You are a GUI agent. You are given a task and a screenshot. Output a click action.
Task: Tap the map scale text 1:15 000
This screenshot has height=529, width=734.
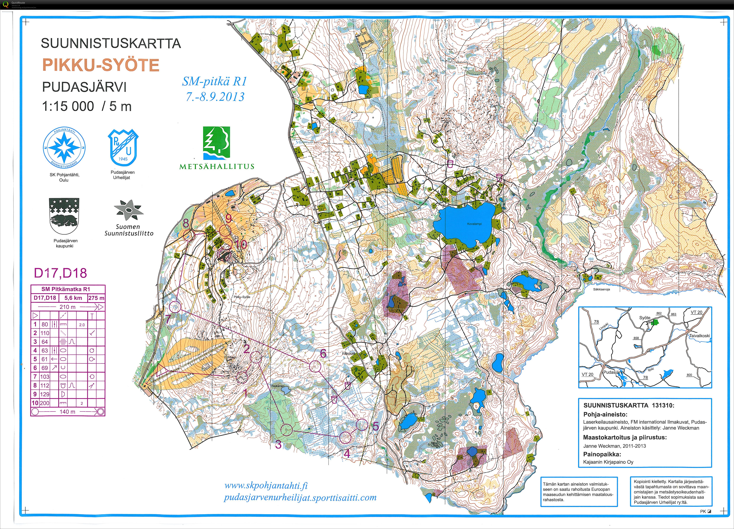[x=68, y=106]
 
